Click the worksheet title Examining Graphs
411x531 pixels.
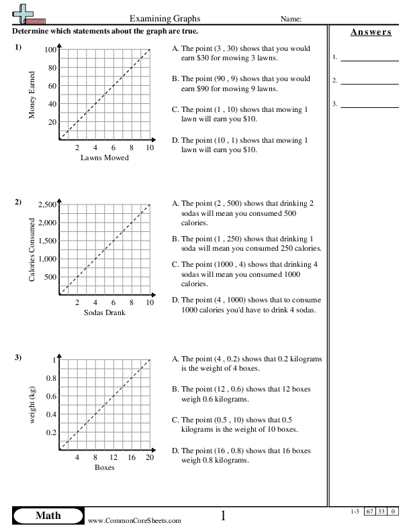(x=165, y=19)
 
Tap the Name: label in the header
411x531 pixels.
(x=290, y=19)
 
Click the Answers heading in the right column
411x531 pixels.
(x=370, y=32)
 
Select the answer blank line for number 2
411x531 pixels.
(x=369, y=84)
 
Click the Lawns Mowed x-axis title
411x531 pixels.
(x=105, y=158)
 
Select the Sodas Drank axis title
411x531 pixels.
(x=105, y=312)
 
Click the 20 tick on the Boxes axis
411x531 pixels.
(x=150, y=457)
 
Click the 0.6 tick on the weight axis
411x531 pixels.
(x=50, y=396)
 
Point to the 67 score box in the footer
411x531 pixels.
(x=369, y=512)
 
